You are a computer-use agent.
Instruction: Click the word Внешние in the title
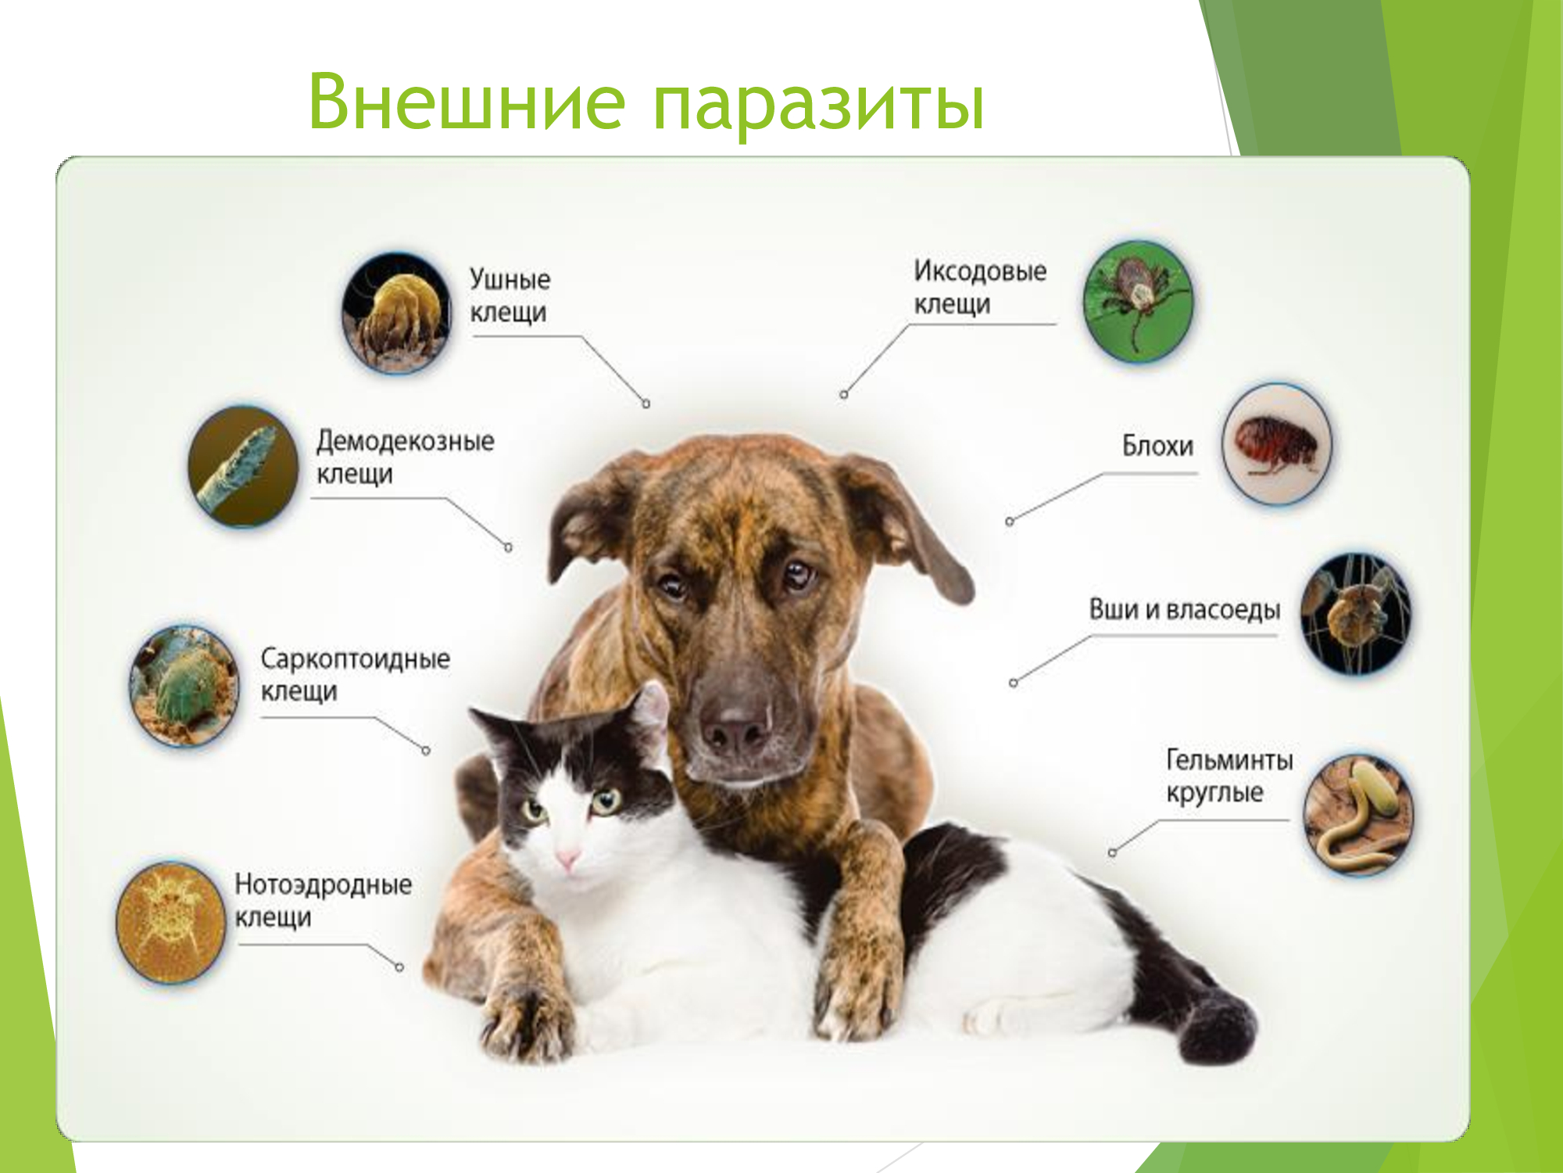(467, 102)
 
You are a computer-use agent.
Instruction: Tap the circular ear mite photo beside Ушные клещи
(397, 313)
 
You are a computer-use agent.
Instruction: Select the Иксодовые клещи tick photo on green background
(1139, 301)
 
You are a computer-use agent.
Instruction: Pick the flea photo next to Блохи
(1277, 443)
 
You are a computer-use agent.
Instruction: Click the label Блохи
(1157, 446)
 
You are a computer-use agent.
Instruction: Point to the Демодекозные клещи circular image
(243, 466)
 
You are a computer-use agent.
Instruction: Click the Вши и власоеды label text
(1185, 610)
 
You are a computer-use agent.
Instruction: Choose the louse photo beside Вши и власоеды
(1357, 614)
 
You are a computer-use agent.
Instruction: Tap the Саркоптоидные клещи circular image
(184, 686)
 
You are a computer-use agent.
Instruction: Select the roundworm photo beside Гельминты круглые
(1359, 814)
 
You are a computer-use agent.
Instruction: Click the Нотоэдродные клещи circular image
(170, 922)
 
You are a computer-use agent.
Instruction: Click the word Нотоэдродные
(324, 885)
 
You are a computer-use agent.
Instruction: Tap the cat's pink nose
(568, 859)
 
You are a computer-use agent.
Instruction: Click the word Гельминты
(1229, 759)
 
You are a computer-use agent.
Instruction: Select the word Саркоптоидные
(356, 658)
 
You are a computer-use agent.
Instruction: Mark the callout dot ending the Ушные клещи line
(646, 404)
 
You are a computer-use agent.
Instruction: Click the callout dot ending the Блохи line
(1010, 522)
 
